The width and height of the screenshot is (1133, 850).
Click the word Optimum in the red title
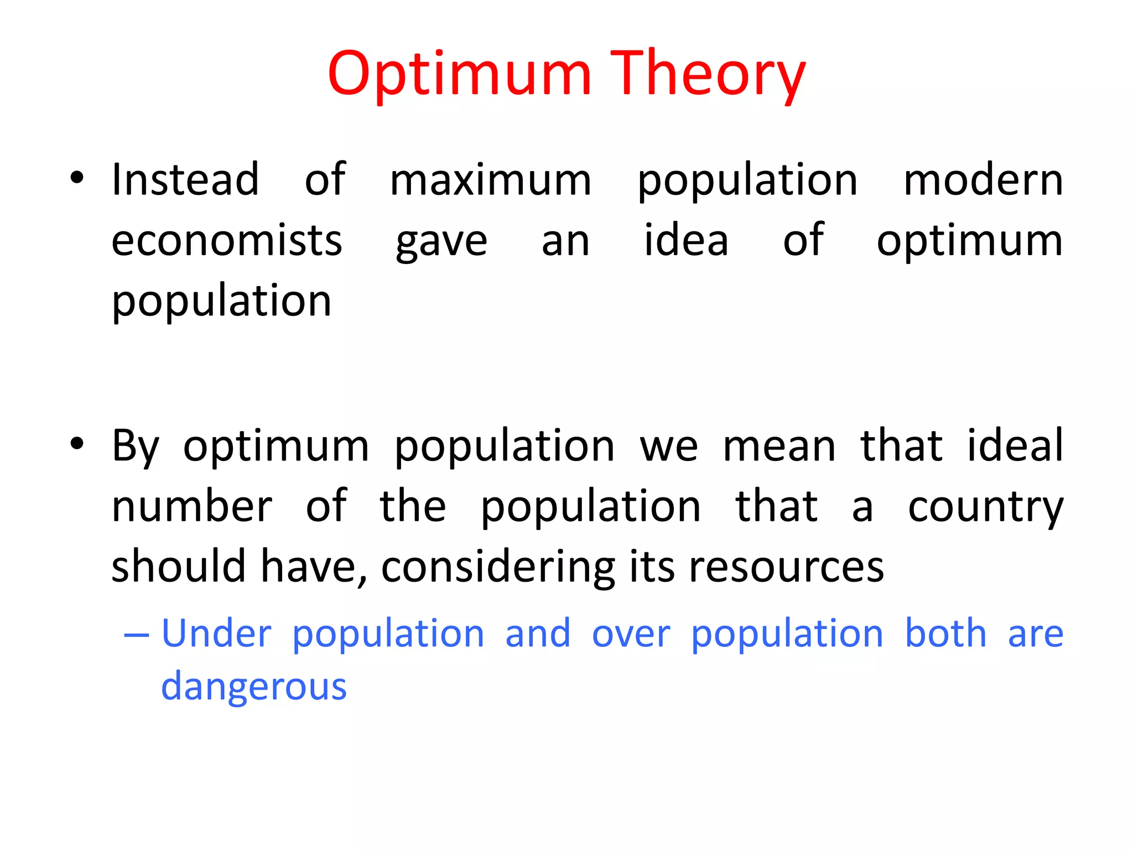(459, 75)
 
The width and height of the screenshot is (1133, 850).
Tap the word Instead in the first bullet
(185, 180)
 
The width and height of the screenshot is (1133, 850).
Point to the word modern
(983, 180)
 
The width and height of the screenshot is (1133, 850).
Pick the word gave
(441, 242)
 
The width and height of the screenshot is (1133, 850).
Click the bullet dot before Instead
(77, 178)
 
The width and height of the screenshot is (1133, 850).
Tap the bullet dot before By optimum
(77, 444)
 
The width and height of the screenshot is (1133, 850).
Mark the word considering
(498, 567)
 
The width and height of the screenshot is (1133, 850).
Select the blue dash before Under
(137, 634)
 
